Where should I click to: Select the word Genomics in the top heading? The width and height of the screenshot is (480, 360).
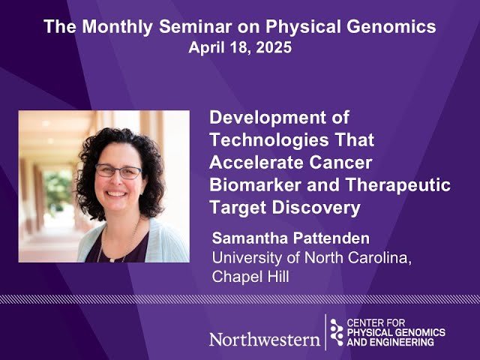[397, 28]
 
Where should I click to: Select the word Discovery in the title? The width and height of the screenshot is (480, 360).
[315, 205]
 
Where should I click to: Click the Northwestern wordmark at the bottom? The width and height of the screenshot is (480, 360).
[264, 338]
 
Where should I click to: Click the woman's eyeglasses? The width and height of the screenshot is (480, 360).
[118, 171]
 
